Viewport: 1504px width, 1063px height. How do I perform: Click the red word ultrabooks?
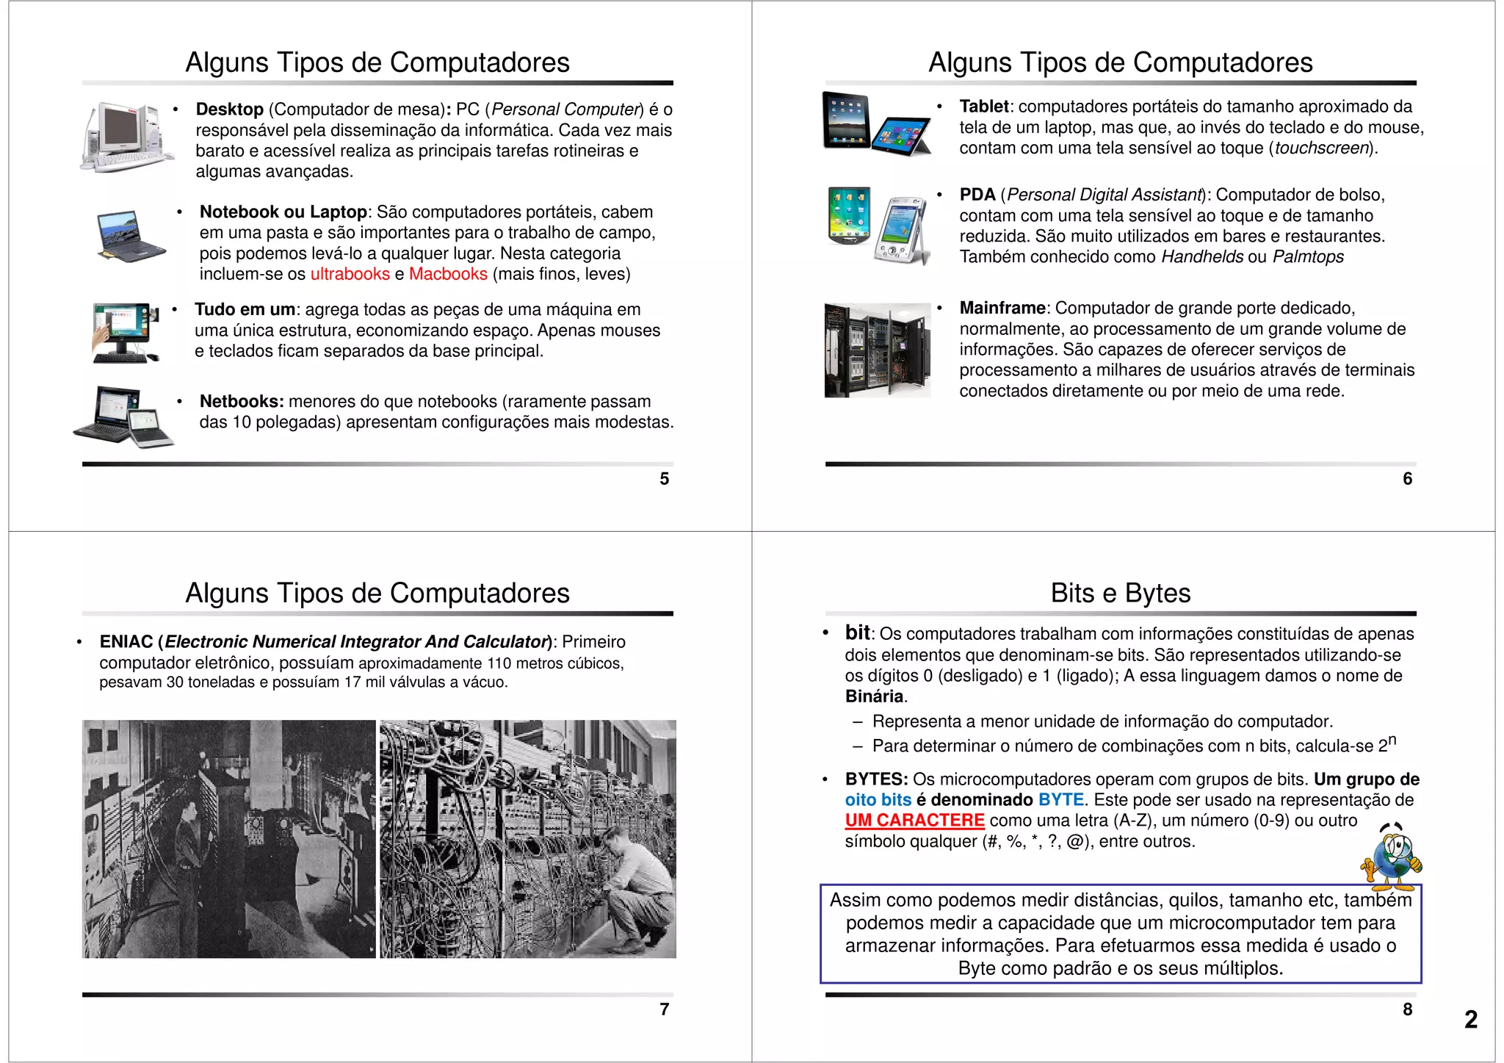(350, 274)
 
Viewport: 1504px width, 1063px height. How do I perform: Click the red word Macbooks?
(448, 274)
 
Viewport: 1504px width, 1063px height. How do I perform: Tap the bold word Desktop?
(229, 109)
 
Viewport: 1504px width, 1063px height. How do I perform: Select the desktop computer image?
(126, 137)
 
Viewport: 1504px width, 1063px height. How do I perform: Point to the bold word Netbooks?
(242, 402)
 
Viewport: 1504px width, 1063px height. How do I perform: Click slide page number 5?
(664, 479)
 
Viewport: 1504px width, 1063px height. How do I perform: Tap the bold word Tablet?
(983, 107)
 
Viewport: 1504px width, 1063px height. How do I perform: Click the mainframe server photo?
(877, 350)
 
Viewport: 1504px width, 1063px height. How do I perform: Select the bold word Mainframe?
(1002, 308)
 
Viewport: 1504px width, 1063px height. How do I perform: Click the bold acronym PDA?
(977, 195)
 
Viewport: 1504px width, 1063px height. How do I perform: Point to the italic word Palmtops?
(1308, 257)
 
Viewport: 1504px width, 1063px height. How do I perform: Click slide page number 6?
(1407, 479)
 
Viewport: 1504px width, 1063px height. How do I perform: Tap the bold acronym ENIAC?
(126, 642)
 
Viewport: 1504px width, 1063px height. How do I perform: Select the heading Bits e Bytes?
(1120, 593)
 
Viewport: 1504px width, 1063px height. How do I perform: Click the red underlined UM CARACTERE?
(914, 821)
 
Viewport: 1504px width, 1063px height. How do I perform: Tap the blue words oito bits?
(878, 800)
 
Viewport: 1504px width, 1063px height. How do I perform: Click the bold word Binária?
(874, 696)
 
